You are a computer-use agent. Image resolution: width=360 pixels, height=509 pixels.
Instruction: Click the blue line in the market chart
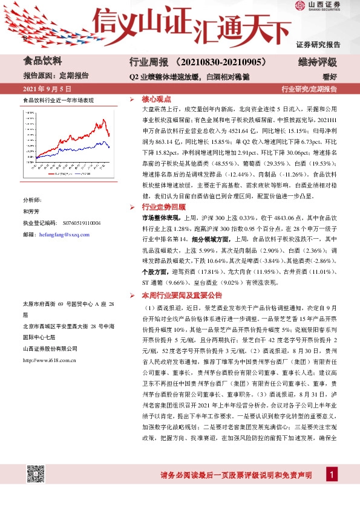click(x=91, y=142)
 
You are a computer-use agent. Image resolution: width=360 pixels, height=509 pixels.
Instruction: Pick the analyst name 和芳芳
click(x=31, y=211)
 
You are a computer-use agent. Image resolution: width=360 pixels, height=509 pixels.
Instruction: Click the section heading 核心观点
click(x=157, y=99)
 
